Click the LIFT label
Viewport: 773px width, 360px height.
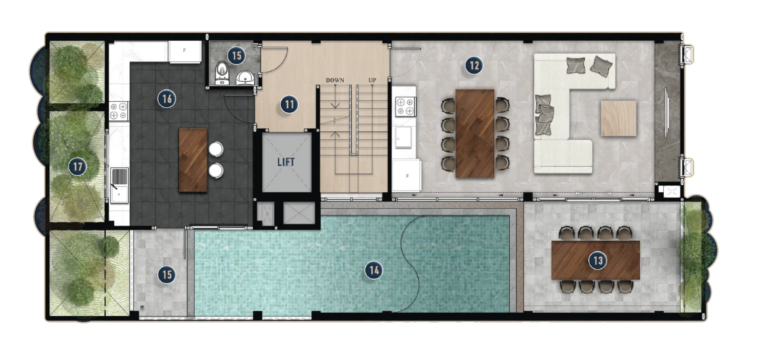[x=285, y=162]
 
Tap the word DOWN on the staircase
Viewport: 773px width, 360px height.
[x=335, y=81]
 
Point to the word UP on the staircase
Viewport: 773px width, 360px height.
[x=372, y=81]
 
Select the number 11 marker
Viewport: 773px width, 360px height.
[x=289, y=105]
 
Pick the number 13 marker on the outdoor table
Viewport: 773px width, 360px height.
[x=598, y=260]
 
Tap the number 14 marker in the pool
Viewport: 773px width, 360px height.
[x=373, y=270]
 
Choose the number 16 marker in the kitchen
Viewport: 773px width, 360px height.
[x=167, y=99]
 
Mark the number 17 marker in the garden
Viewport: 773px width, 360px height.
[x=78, y=166]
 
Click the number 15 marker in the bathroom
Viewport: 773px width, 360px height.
[x=235, y=54]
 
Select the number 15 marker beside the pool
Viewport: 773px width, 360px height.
[x=166, y=274]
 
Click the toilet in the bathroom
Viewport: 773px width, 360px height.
[x=221, y=73]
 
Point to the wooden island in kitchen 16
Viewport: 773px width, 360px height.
[x=193, y=160]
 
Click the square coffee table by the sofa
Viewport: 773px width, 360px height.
[x=619, y=118]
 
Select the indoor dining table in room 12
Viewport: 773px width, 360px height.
[x=475, y=133]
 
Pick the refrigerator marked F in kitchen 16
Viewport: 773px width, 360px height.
[x=185, y=51]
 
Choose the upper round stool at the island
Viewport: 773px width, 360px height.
[x=215, y=149]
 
